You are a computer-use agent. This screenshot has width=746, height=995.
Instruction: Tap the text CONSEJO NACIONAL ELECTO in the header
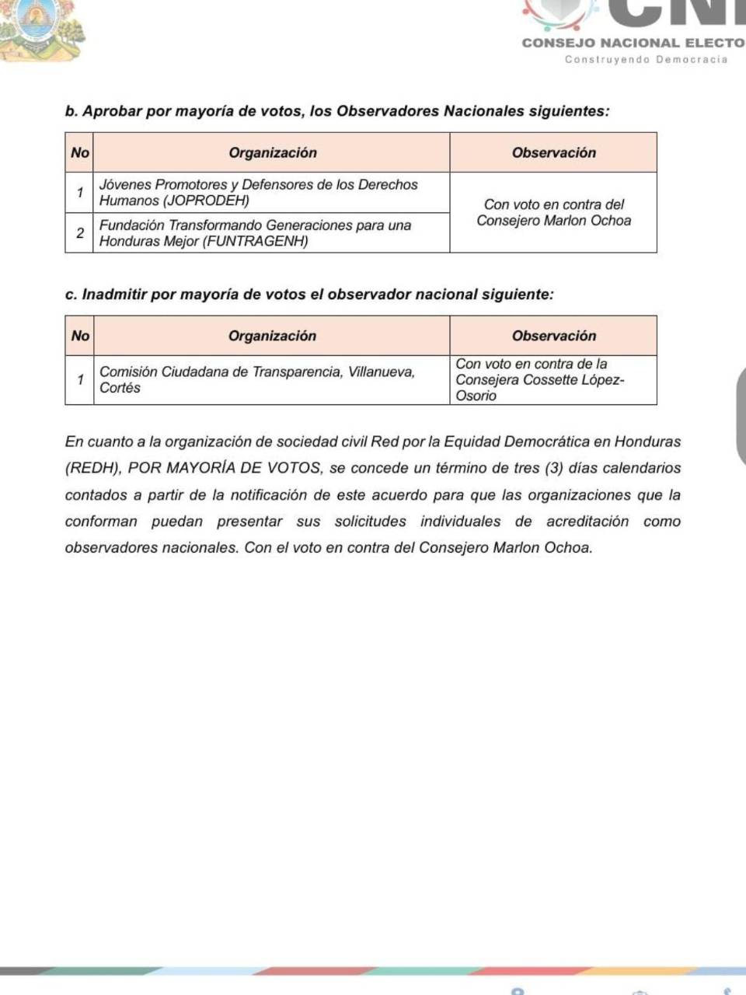pyautogui.click(x=633, y=43)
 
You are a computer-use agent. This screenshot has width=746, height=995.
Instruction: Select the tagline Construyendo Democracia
pyautogui.click(x=646, y=60)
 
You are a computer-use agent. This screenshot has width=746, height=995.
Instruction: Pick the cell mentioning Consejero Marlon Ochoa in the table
pyautogui.click(x=553, y=212)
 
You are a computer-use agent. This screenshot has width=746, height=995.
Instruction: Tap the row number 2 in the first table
pyautogui.click(x=79, y=232)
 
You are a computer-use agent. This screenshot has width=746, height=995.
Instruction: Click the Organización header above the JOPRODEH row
pyautogui.click(x=272, y=153)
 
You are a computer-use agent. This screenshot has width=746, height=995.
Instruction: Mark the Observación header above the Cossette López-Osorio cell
pyautogui.click(x=553, y=336)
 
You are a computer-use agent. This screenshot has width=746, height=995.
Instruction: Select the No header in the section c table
pyautogui.click(x=80, y=336)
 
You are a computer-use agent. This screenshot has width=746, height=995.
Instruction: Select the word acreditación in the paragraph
pyautogui.click(x=587, y=522)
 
